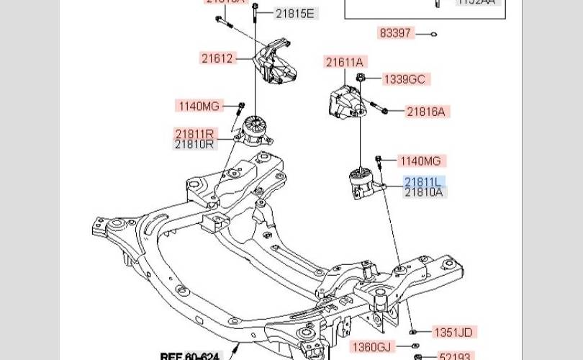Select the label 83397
coord(395,32)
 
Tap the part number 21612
coord(217,58)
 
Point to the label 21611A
coord(345,63)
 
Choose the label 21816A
coord(426,112)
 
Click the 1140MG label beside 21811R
coord(199,107)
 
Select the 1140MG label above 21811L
coord(420,161)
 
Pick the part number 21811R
coord(194,134)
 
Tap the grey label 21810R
coord(194,144)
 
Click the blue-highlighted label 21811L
coord(424,182)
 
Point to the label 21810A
coord(424,192)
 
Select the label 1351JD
coord(453,333)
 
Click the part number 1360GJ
coord(371,348)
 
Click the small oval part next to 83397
coord(434,33)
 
